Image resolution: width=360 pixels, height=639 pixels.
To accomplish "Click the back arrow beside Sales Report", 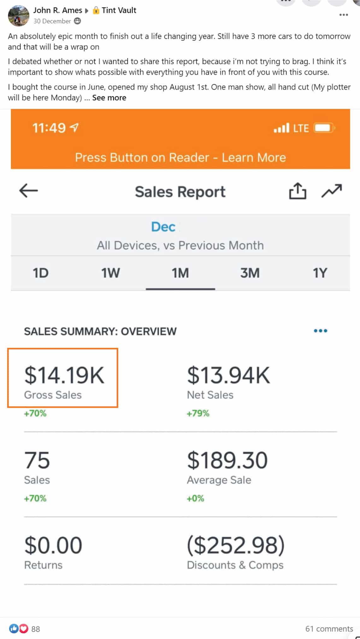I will pyautogui.click(x=28, y=191).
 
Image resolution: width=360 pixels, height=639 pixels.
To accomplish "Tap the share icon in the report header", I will pyautogui.click(x=298, y=191).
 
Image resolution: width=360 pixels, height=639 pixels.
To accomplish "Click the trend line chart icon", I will pyautogui.click(x=331, y=191).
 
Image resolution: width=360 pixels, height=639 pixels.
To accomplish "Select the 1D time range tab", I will pyautogui.click(x=41, y=273).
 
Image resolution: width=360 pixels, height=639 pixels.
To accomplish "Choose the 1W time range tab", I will pyautogui.click(x=110, y=273).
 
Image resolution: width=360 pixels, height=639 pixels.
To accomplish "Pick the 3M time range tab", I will pyautogui.click(x=250, y=273).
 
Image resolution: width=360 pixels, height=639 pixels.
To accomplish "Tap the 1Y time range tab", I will pyautogui.click(x=320, y=273).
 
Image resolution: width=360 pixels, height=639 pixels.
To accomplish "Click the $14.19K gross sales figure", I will pyautogui.click(x=64, y=375).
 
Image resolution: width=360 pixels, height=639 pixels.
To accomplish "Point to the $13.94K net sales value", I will pyautogui.click(x=228, y=375).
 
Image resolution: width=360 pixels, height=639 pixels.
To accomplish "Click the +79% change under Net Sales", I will pyautogui.click(x=198, y=413).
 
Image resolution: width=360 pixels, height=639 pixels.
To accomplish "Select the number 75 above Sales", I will pyautogui.click(x=37, y=460).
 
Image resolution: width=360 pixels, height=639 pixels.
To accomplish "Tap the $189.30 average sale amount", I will pyautogui.click(x=227, y=460).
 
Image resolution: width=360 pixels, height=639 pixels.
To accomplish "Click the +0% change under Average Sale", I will pyautogui.click(x=195, y=499).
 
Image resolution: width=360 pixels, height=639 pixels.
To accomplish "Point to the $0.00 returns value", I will pyautogui.click(x=53, y=545).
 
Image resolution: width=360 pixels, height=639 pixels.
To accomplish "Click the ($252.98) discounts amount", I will pyautogui.click(x=236, y=545).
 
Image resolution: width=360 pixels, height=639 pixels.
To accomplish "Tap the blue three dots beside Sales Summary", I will pyautogui.click(x=321, y=331).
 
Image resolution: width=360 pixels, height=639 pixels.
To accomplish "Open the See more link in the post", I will pyautogui.click(x=109, y=98).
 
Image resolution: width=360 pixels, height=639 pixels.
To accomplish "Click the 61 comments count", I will pyautogui.click(x=329, y=629).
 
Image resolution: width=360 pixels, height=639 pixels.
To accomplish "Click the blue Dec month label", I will pyautogui.click(x=163, y=227).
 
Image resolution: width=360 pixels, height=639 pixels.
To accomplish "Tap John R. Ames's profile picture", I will pyautogui.click(x=19, y=16).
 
